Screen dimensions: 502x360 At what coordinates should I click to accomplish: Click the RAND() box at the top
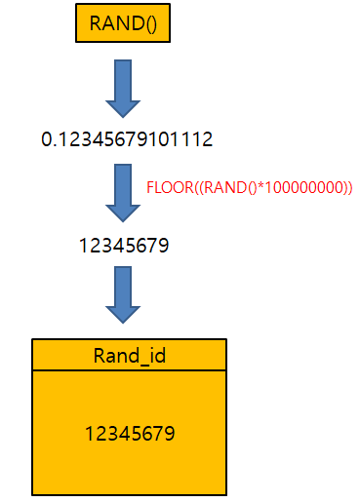pos(124,23)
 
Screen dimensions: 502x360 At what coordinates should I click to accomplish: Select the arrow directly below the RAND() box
pos(124,88)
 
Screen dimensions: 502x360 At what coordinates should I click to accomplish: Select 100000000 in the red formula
pos(297,187)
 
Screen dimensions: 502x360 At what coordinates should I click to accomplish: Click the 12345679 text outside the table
pos(124,246)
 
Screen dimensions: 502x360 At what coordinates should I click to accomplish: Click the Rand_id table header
pos(129,355)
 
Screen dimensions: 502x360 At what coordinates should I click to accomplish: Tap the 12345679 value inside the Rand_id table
pos(129,430)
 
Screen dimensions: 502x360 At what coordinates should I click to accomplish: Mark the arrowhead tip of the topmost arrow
pos(124,116)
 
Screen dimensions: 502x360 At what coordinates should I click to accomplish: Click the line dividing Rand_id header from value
pos(129,369)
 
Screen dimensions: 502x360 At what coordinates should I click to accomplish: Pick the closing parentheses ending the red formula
pos(346,187)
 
